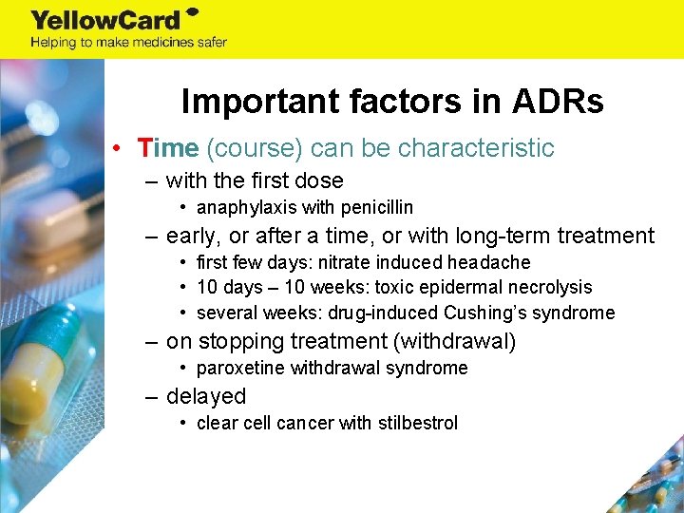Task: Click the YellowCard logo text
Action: pos(107,19)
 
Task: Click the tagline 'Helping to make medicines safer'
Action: pos(128,42)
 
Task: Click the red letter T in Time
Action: pos(144,148)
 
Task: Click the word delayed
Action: pos(206,396)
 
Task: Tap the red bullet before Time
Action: pos(115,149)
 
